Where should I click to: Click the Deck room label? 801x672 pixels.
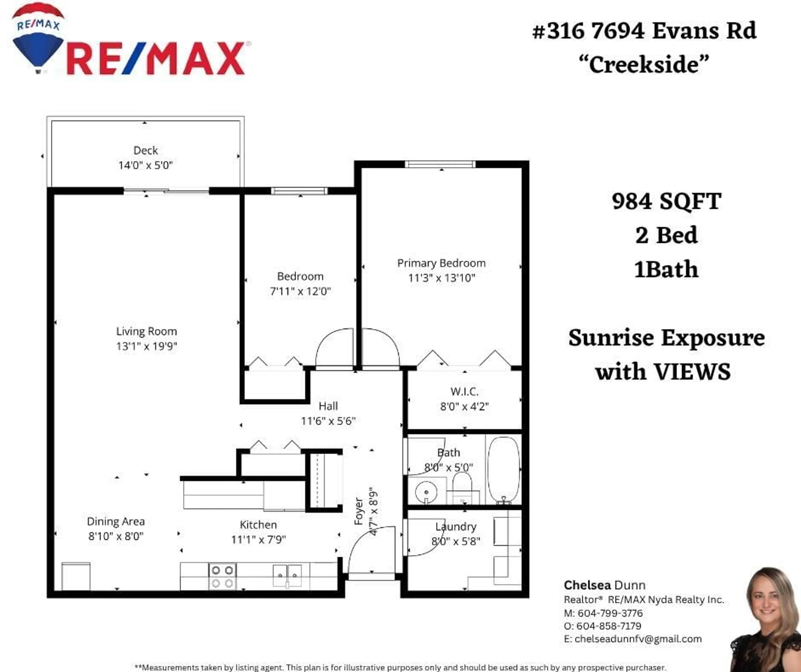[x=145, y=151]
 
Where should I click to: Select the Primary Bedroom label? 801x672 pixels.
[x=441, y=263]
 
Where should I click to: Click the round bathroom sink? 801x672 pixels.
[x=426, y=491]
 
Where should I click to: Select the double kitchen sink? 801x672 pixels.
[x=287, y=575]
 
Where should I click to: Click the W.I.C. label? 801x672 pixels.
[x=464, y=391]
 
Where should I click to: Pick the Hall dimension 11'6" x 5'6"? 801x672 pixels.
[x=328, y=421]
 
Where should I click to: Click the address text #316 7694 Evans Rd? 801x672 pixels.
[x=644, y=30]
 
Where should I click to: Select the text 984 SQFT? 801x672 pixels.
[x=666, y=201]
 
